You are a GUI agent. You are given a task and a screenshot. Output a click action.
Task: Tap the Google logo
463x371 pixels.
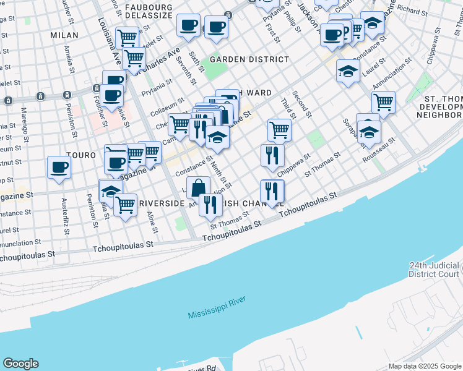[x=20, y=364]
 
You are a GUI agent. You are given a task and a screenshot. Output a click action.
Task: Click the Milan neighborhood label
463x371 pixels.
[x=64, y=35]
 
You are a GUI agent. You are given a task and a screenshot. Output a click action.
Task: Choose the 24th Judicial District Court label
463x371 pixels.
[x=435, y=269]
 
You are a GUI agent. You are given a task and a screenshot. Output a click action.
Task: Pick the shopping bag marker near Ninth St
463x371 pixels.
[x=198, y=187]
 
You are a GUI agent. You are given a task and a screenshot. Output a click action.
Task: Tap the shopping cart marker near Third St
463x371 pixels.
[x=280, y=130]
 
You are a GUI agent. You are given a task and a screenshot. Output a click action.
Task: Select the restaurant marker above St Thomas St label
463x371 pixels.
[x=210, y=205]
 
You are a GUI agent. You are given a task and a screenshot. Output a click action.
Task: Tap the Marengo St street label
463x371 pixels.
[x=25, y=123]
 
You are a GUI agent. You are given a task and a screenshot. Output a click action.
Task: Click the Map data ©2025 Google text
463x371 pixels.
[x=424, y=366]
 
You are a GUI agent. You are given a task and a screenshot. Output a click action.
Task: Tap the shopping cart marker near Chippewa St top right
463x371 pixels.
[x=383, y=103]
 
